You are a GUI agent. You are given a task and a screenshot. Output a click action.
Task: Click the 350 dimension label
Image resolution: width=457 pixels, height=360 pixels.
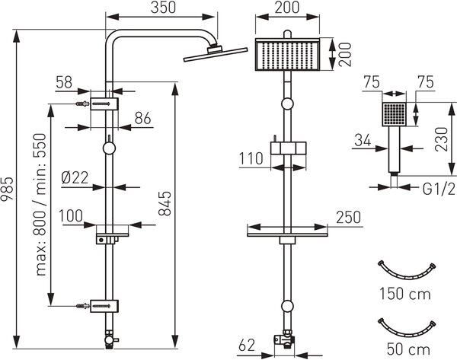pyautogui.click(x=163, y=8)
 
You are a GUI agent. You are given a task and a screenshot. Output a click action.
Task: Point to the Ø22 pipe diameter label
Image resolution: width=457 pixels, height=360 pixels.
pyautogui.click(x=75, y=177)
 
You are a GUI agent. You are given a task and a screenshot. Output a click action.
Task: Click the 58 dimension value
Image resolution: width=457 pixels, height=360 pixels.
pyautogui.click(x=64, y=82)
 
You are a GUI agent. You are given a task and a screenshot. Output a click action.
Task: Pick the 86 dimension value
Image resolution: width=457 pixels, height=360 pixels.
pyautogui.click(x=143, y=118)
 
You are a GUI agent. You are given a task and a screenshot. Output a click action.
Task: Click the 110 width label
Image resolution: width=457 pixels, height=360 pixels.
pyautogui.click(x=251, y=159)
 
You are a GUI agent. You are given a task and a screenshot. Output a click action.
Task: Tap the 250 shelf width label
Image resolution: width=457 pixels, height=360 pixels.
pyautogui.click(x=349, y=217)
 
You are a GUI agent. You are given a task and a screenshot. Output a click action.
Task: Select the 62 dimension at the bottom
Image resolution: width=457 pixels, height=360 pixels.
pyautogui.click(x=247, y=345)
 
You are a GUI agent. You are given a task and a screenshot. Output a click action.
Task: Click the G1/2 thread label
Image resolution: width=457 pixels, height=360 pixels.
pyautogui.click(x=439, y=190)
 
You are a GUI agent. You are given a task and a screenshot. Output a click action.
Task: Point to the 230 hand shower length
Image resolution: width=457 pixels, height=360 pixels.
pyautogui.click(x=441, y=139)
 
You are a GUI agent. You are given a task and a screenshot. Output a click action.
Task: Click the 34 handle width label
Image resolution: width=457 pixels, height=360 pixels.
pyautogui.click(x=363, y=141)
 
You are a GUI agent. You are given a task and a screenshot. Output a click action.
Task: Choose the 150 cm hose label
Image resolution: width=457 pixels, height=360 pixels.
pyautogui.click(x=405, y=294)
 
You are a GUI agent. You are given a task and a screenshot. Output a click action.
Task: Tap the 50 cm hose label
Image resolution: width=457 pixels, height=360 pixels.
pyautogui.click(x=408, y=349)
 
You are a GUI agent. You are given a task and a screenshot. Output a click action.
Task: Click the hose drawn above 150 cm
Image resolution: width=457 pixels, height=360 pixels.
pyautogui.click(x=406, y=276)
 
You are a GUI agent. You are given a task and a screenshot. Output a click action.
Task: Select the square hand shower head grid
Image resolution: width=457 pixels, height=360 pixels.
pyautogui.click(x=394, y=114)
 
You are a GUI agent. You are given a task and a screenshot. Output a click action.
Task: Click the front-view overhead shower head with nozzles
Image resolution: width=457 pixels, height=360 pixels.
pyautogui.click(x=287, y=54)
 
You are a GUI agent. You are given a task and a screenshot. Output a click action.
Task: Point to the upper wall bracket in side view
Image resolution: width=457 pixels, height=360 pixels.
pyautogui.click(x=104, y=104)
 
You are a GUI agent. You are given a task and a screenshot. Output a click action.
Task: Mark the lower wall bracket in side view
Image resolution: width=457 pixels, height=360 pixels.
pyautogui.click(x=104, y=306)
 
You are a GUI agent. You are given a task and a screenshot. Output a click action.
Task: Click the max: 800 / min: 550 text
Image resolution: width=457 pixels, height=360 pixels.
pyautogui.click(x=40, y=205)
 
